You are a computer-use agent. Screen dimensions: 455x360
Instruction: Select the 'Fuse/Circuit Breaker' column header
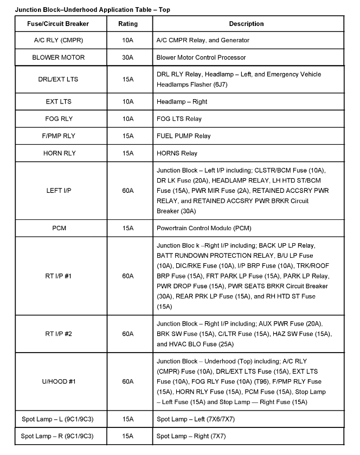click(58, 24)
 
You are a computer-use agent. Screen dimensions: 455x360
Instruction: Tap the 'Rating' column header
click(128, 24)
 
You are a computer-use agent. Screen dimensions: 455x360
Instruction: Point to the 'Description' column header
click(246, 24)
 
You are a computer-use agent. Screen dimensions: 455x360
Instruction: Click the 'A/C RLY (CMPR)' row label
click(58, 40)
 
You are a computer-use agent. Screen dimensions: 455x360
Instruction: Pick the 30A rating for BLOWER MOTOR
click(128, 57)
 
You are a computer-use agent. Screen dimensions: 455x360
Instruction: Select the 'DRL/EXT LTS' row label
click(58, 79)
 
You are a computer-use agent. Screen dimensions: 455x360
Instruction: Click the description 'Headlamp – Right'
click(182, 101)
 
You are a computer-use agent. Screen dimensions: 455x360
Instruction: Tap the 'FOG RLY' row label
click(58, 119)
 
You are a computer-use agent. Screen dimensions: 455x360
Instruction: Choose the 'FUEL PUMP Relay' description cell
click(184, 136)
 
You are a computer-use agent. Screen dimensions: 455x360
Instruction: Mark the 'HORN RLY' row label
click(58, 153)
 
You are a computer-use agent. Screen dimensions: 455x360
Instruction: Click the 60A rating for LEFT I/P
click(128, 191)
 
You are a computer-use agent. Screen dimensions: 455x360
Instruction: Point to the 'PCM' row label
click(58, 228)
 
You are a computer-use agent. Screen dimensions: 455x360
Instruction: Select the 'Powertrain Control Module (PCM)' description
click(204, 228)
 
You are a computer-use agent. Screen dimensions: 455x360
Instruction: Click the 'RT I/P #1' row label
click(58, 276)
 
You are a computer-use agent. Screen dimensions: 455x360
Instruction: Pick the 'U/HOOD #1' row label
click(58, 382)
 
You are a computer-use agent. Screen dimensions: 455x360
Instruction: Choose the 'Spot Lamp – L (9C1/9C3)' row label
click(58, 419)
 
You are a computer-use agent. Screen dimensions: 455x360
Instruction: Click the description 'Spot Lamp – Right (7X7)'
click(191, 436)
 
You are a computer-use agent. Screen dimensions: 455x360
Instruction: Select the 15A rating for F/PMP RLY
click(128, 136)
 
